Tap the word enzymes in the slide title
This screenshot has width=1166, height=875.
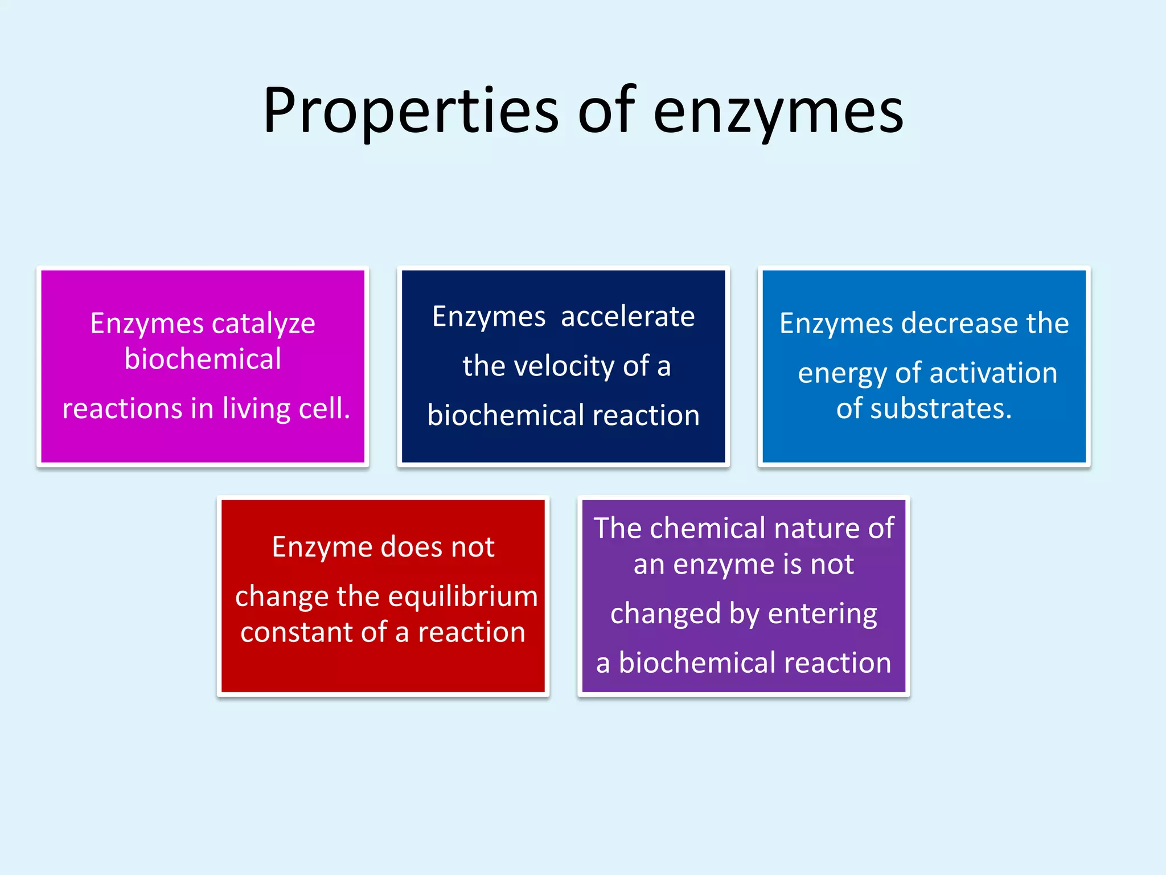tap(778, 111)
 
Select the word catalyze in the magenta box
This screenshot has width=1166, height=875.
tap(263, 324)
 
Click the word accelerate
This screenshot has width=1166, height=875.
tap(627, 317)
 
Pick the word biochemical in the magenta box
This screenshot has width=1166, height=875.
tap(203, 359)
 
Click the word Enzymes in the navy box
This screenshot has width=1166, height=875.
tap(488, 317)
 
